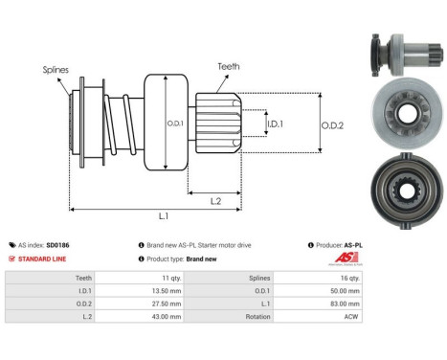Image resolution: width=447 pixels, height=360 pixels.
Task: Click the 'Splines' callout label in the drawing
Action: pyautogui.click(x=55, y=70)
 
